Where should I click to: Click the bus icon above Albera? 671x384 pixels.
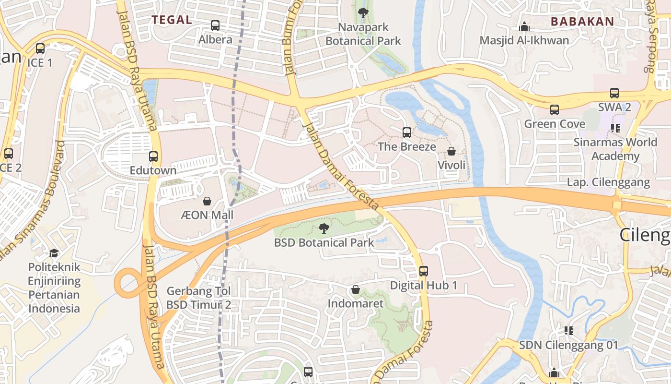tap(215, 25)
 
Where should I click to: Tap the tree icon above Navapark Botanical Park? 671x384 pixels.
tap(363, 13)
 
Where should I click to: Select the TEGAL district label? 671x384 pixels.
tap(172, 20)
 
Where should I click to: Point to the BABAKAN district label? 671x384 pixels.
tap(582, 22)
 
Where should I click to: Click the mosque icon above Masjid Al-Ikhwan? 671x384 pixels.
tap(524, 26)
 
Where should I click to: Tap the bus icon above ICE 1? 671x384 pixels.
tap(40, 48)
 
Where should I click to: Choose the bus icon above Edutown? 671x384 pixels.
tap(153, 156)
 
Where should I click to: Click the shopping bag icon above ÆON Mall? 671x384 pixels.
tap(207, 201)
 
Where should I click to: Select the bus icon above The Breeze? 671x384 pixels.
tap(407, 132)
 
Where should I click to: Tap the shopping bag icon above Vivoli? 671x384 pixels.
tap(451, 151)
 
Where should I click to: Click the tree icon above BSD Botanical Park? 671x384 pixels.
tap(324, 228)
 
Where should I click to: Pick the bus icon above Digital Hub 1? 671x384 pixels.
tap(424, 271)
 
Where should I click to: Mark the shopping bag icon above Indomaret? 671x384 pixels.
tap(356, 289)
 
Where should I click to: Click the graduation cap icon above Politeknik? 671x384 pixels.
tap(54, 253)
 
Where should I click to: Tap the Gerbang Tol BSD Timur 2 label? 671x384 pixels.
tap(199, 298)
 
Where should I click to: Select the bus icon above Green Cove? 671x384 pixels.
tap(555, 110)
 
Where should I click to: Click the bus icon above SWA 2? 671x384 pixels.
tap(614, 93)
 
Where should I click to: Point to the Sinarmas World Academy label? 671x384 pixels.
tap(615, 149)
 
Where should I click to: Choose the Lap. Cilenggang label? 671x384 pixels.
tap(608, 182)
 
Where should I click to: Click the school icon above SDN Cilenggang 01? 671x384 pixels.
tap(569, 330)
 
